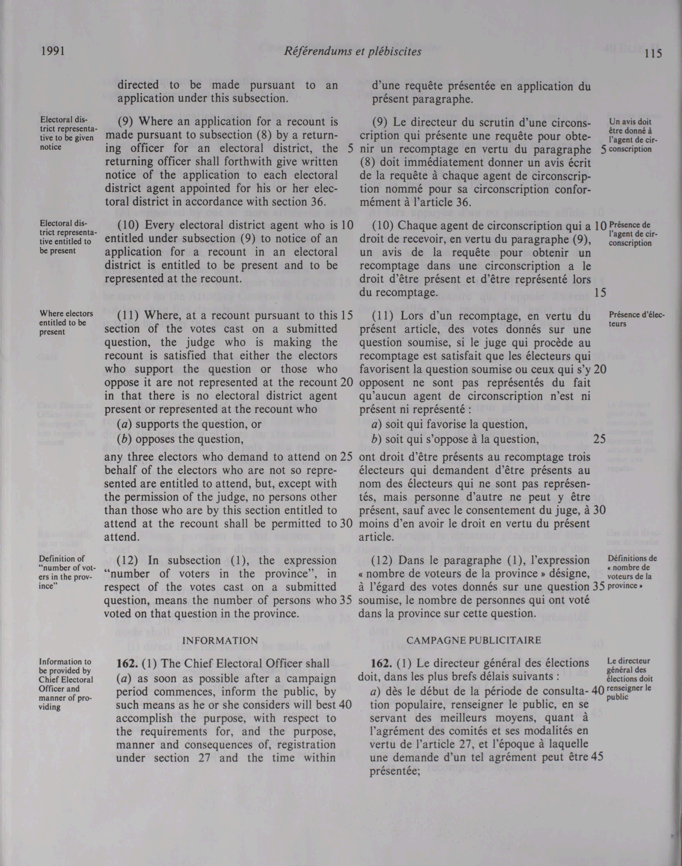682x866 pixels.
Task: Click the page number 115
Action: (x=652, y=53)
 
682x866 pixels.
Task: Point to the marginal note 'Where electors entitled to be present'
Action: (x=66, y=323)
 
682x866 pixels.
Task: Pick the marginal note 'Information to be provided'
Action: (x=65, y=684)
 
